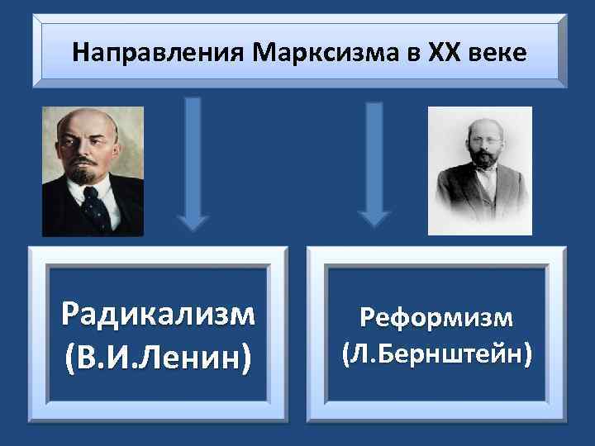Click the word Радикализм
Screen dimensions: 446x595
tap(158, 314)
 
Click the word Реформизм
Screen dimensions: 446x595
tap(436, 318)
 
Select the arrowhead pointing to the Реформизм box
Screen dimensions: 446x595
tap(374, 216)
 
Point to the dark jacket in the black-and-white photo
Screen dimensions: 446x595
tap(463, 206)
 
